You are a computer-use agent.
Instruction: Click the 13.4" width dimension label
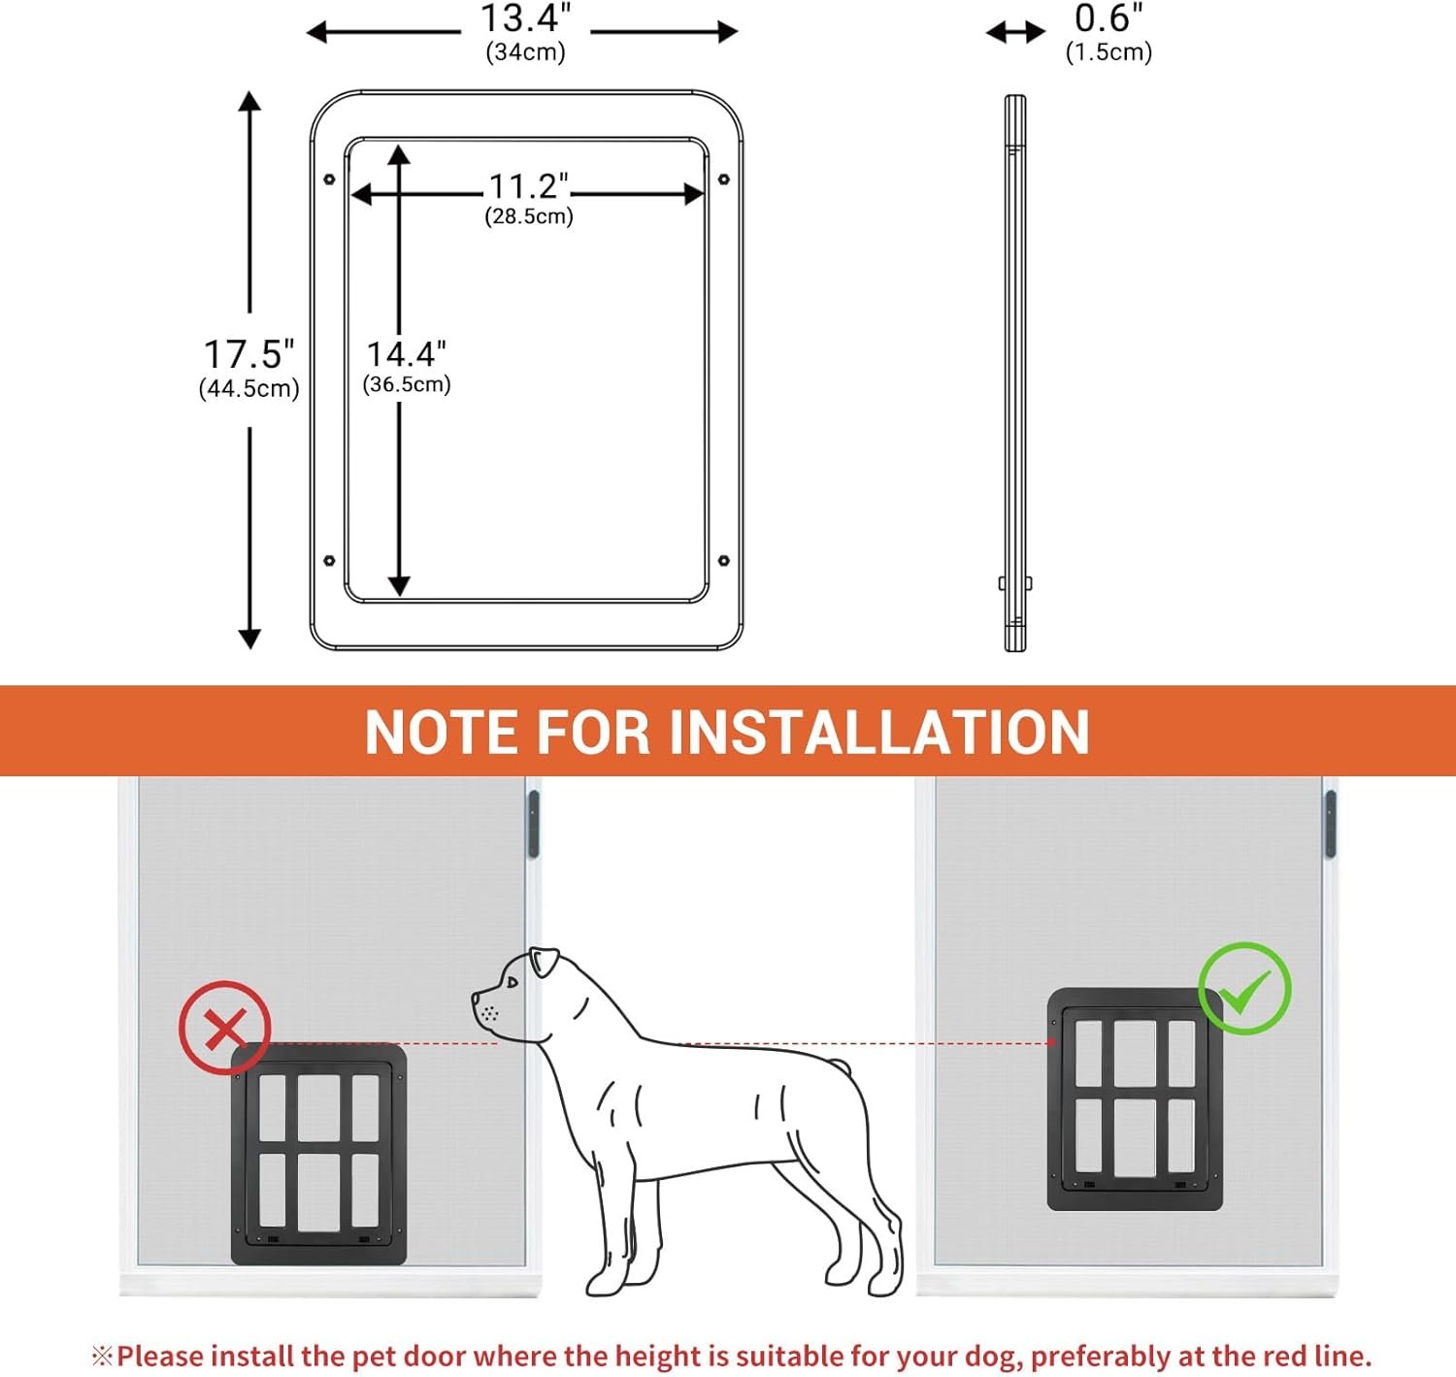(x=526, y=18)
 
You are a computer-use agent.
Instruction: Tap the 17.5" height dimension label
(x=248, y=354)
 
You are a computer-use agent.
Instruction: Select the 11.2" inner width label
(x=529, y=186)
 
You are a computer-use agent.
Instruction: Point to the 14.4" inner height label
(x=407, y=354)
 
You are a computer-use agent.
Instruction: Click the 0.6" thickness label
(x=1109, y=18)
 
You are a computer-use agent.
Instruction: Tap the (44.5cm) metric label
(x=248, y=389)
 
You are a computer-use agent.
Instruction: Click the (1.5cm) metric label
(x=1109, y=52)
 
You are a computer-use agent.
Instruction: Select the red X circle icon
(x=225, y=1028)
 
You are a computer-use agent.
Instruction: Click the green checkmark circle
(x=1245, y=988)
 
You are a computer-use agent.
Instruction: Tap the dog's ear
(x=545, y=962)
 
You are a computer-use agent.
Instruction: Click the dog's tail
(x=838, y=1066)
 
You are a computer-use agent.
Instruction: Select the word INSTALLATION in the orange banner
(x=879, y=733)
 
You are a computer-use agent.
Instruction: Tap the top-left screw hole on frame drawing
(x=330, y=180)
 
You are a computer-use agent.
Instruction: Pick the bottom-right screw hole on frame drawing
(x=723, y=561)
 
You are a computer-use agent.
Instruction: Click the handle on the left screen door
(x=533, y=824)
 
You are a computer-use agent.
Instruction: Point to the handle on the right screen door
(x=1330, y=824)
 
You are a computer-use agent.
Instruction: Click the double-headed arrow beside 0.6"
(x=1015, y=32)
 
